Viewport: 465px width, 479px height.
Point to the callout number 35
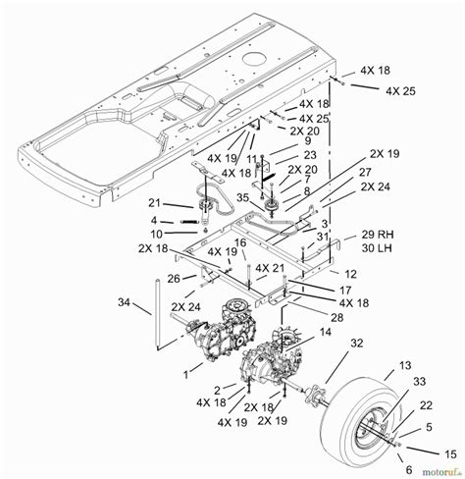243,198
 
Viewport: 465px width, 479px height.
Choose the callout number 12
336,272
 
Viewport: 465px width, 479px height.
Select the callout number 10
156,234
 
